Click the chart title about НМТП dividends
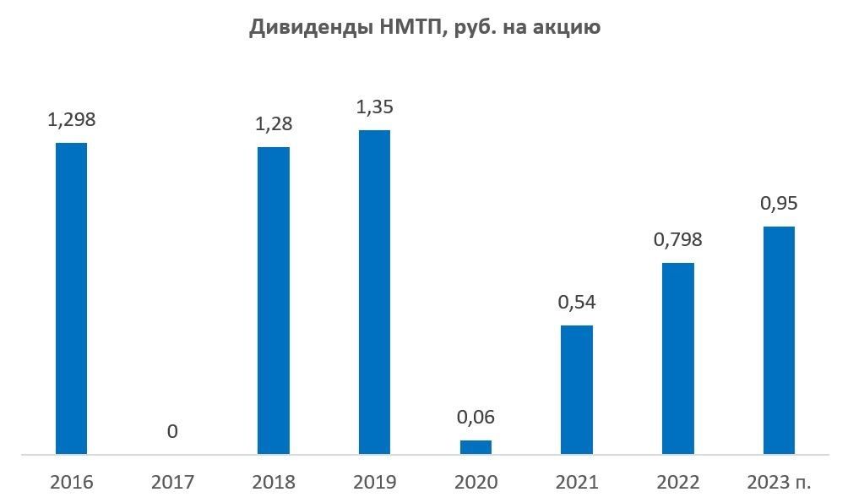click(424, 28)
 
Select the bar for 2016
click(71, 298)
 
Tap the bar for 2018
click(273, 301)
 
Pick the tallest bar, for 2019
click(374, 293)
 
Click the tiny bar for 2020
click(476, 447)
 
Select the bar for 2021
click(577, 390)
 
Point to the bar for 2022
click(677, 358)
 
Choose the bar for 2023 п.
click(779, 340)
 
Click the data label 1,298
click(71, 120)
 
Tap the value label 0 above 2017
click(172, 432)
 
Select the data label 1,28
click(273, 125)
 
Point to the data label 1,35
click(374, 107)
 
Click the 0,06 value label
click(476, 418)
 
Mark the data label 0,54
click(577, 303)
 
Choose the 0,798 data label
click(677, 240)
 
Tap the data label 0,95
click(779, 204)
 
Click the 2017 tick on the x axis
click(172, 483)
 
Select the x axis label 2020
click(476, 483)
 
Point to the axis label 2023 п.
click(779, 483)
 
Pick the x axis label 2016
click(71, 483)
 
